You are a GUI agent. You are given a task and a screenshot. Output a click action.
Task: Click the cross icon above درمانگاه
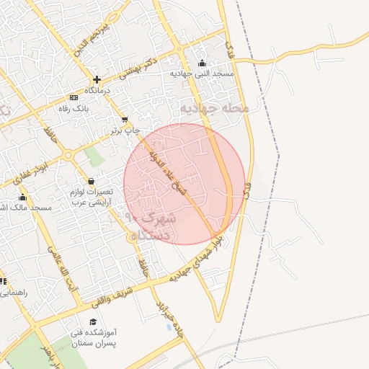96,79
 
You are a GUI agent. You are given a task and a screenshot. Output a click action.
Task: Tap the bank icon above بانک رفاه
74,97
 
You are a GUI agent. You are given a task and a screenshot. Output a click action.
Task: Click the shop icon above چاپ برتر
125,119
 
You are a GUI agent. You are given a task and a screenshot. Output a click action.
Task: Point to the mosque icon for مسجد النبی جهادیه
201,62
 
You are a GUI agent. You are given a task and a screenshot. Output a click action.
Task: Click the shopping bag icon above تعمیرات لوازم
91,181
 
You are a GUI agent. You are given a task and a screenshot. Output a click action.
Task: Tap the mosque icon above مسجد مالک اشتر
22,197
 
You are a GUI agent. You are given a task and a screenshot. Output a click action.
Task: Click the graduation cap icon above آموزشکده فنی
92,322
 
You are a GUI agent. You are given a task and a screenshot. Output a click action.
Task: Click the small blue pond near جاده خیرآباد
169,327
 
